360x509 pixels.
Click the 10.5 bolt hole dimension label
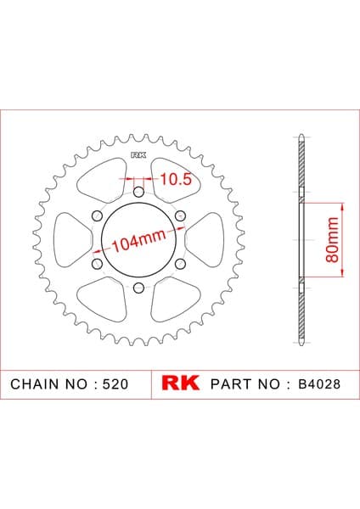176,179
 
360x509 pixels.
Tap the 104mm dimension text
139,241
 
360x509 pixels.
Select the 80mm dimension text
332,239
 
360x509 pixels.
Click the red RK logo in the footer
180,383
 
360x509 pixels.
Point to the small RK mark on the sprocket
138,155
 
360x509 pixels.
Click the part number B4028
319,384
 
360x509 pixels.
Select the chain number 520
115,384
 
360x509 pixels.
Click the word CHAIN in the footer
36,384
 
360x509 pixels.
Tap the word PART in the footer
231,384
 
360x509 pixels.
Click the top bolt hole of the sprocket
138,193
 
